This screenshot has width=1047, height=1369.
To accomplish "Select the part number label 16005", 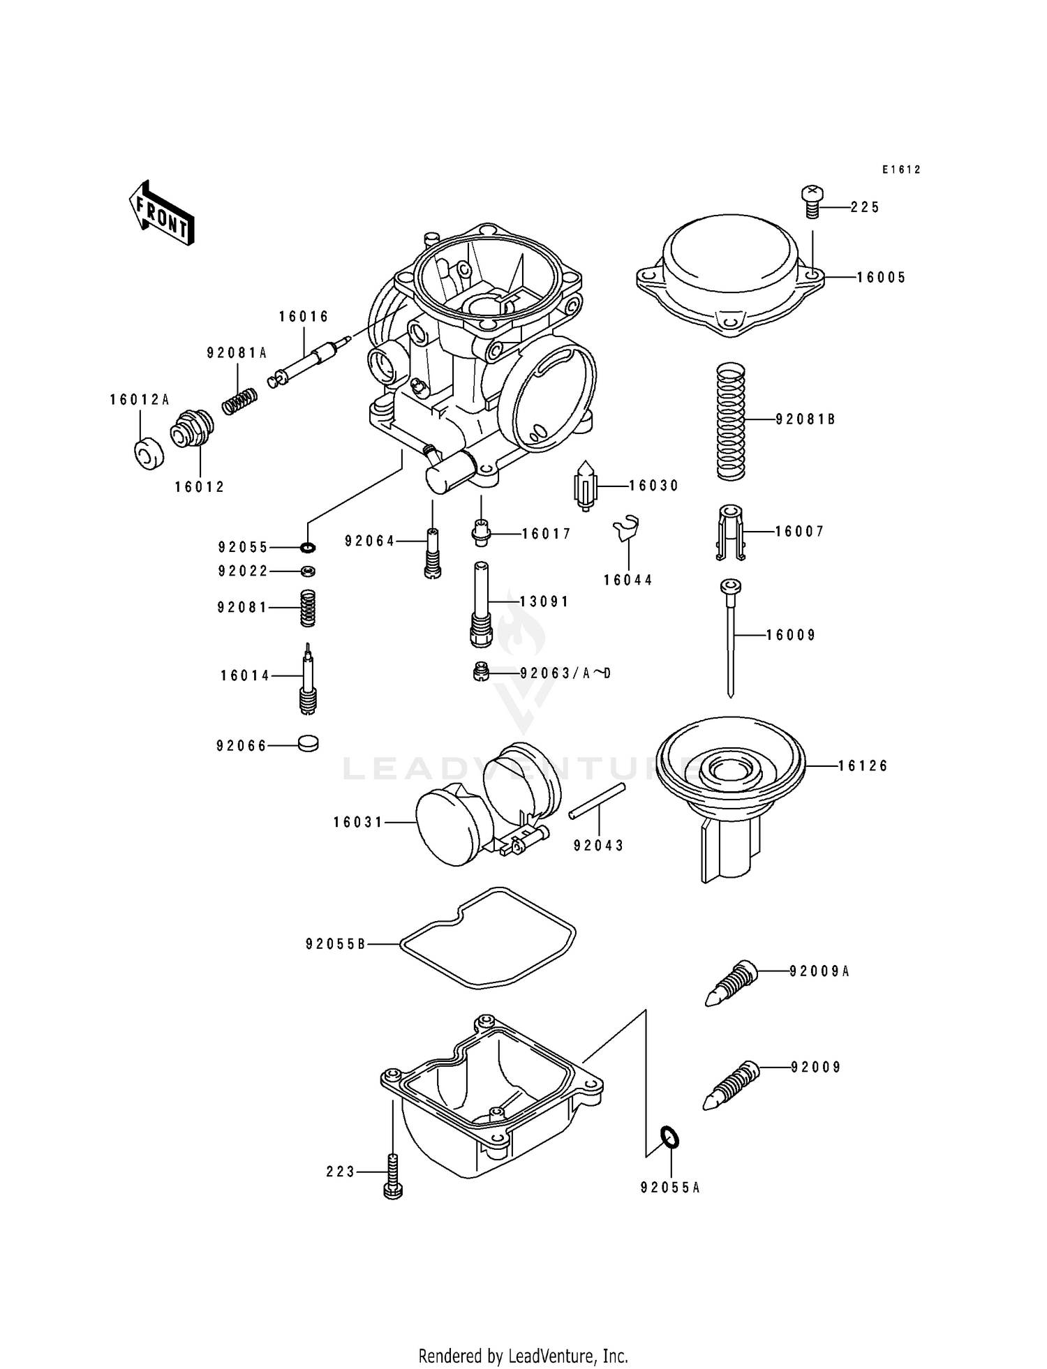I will coord(881,278).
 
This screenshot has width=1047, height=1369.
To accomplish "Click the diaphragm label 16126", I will coord(863,766).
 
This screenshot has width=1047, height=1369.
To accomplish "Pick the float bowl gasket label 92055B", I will coord(336,944).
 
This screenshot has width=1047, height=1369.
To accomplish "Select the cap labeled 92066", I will coord(307,744).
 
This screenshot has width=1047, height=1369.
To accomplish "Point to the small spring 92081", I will coord(307,608).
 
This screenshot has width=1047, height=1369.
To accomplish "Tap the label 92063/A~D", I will coord(565,673).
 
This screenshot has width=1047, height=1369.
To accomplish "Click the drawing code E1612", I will coord(901,170).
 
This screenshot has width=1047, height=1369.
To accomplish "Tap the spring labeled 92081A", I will coord(240,401).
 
